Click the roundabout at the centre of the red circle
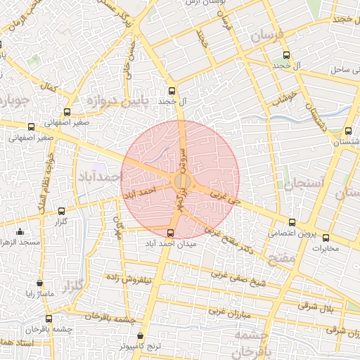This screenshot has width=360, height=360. click(x=181, y=181)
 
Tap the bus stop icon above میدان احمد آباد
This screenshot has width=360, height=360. click(x=170, y=233)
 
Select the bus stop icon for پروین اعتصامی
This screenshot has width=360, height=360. click(x=292, y=222)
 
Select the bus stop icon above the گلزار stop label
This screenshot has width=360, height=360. click(x=60, y=210)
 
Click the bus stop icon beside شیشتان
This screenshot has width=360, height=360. click(x=348, y=131)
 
